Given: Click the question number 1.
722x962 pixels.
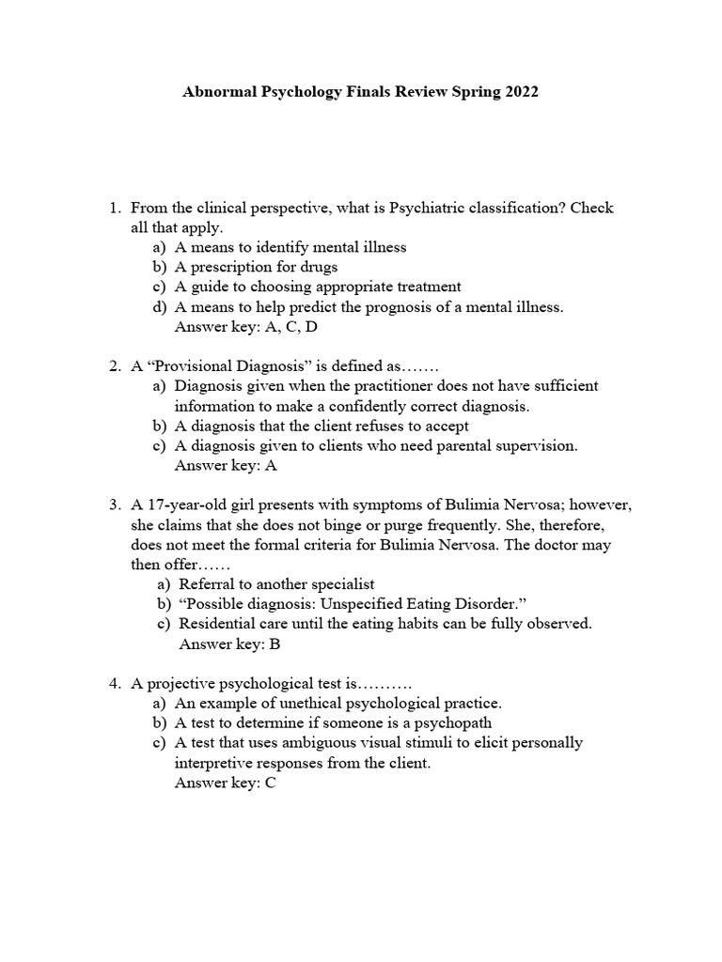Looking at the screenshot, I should (x=115, y=208).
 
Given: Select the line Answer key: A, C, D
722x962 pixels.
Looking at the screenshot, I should (x=241, y=326).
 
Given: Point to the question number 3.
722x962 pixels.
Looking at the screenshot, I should (x=115, y=504).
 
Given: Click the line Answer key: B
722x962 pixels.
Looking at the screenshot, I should (x=229, y=644).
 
